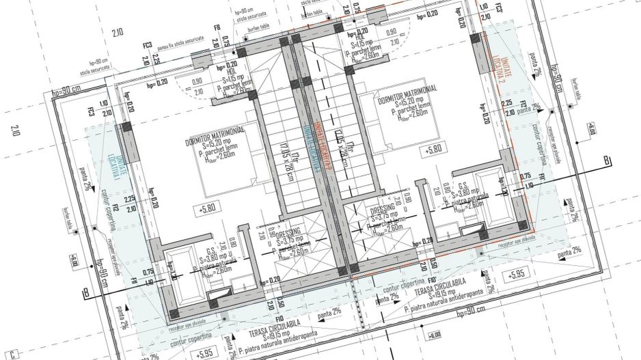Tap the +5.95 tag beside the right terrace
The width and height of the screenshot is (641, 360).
tap(516, 275)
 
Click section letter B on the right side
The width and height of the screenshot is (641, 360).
tap(605, 161)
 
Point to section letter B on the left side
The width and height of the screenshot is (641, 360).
tap(86, 294)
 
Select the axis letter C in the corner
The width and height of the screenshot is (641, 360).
tap(12, 353)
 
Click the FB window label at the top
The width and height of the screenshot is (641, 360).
tap(217, 28)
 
